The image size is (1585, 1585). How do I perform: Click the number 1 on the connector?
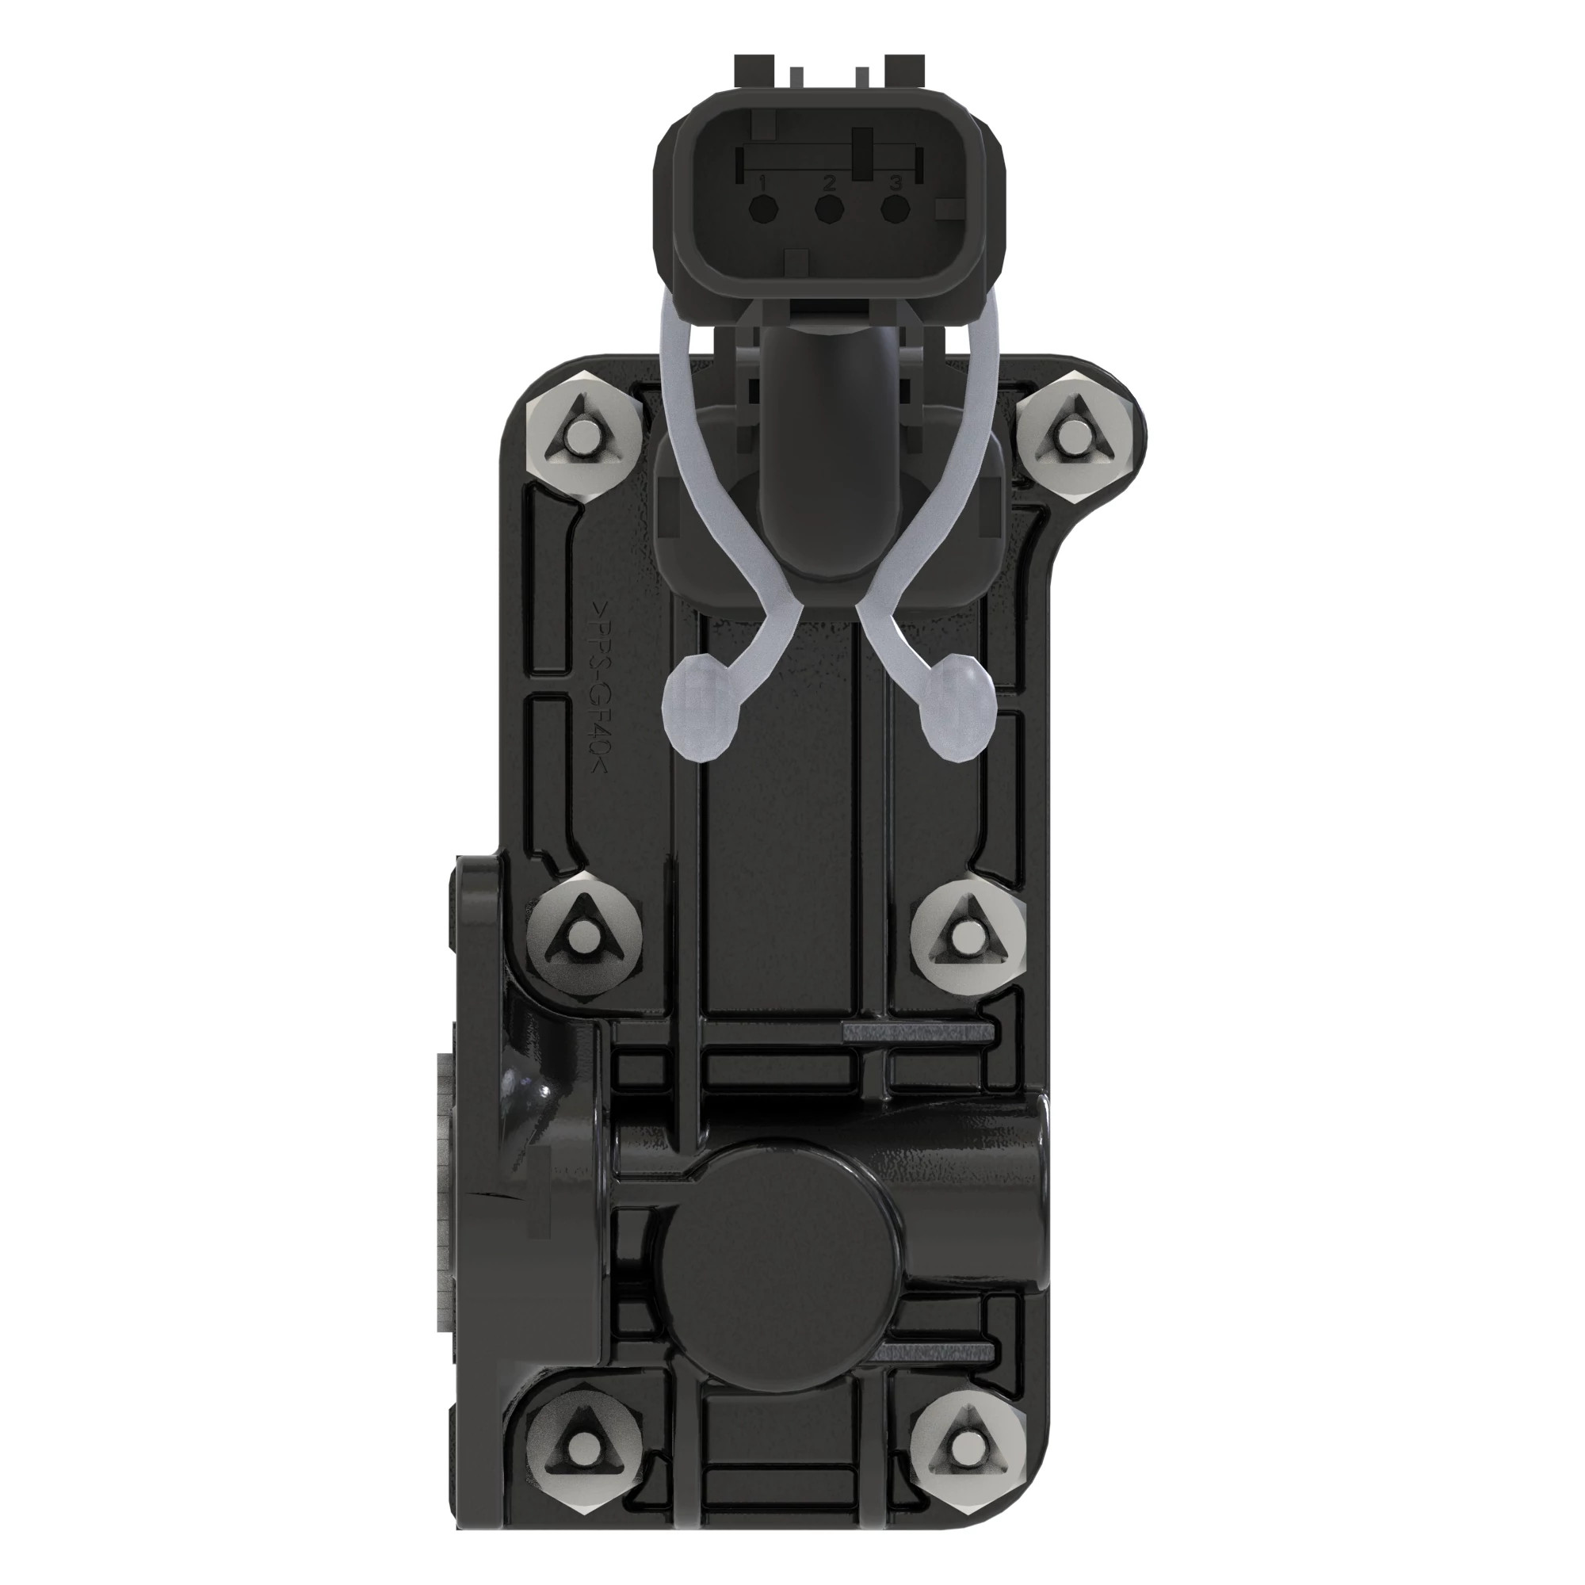pyautogui.click(x=764, y=181)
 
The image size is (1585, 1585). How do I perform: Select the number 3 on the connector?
pyautogui.click(x=895, y=181)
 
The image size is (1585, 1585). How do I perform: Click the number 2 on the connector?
pyautogui.click(x=830, y=181)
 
